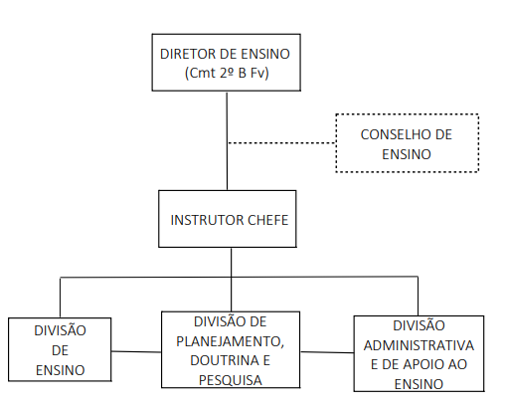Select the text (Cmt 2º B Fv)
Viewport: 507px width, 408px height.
227,73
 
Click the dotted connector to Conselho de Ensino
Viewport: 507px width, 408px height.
281,143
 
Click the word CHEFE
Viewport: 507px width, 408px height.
268,220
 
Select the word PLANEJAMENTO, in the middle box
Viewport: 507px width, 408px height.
231,341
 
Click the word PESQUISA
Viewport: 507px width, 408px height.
231,380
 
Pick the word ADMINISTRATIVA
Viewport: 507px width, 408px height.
419,345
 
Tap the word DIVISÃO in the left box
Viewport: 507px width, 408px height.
60,330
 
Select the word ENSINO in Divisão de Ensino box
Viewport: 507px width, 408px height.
61,370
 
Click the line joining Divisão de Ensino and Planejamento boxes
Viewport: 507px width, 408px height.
136,351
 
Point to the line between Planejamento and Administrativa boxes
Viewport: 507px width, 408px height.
327,352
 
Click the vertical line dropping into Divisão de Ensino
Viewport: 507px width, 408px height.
60,298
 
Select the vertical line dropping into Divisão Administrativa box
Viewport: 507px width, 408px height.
418,296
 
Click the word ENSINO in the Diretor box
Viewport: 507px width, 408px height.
265,54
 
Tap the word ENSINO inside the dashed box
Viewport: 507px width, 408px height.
407,154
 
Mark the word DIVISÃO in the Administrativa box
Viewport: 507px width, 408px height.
419,325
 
